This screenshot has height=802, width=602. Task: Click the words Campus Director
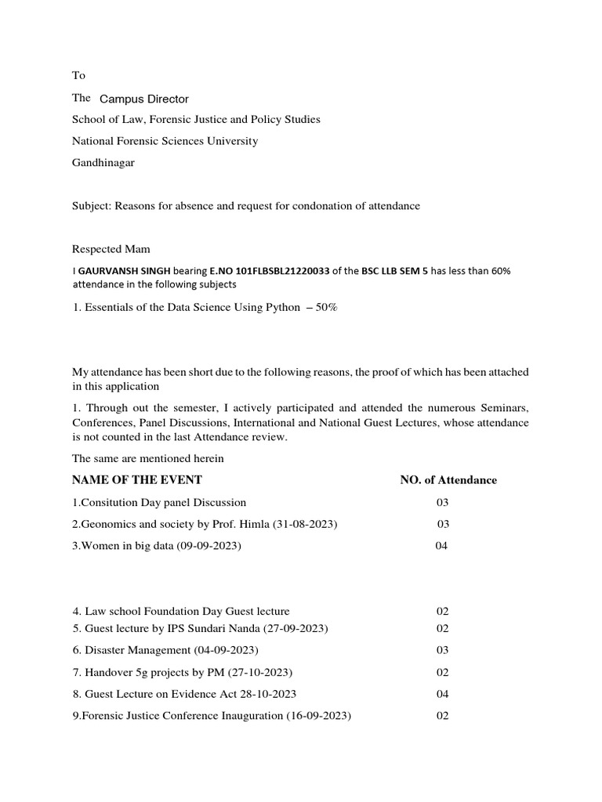tap(144, 99)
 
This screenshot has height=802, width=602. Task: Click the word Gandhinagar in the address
tap(105, 163)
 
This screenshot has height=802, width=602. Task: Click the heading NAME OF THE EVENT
tap(137, 480)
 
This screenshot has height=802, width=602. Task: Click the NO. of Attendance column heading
tap(448, 480)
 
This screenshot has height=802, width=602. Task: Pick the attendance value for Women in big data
tap(441, 546)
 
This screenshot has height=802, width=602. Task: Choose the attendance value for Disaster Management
tap(442, 650)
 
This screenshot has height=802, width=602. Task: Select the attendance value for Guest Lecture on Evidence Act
tap(442, 694)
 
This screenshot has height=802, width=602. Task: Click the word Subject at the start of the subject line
tap(92, 206)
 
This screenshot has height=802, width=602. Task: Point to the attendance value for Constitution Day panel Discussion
tap(443, 502)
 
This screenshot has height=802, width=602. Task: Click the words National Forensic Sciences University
tap(165, 141)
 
